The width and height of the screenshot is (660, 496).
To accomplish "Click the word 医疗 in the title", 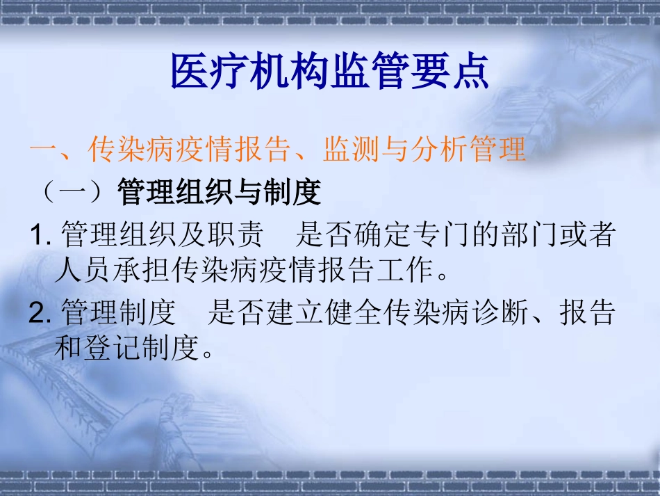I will point(210,72).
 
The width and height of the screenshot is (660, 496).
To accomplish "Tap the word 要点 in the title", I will point(449,72).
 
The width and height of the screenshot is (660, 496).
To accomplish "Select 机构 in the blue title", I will point(290,72).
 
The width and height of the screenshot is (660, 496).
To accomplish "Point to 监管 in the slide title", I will point(370,72).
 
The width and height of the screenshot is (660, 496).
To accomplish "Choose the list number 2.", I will point(40,313).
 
